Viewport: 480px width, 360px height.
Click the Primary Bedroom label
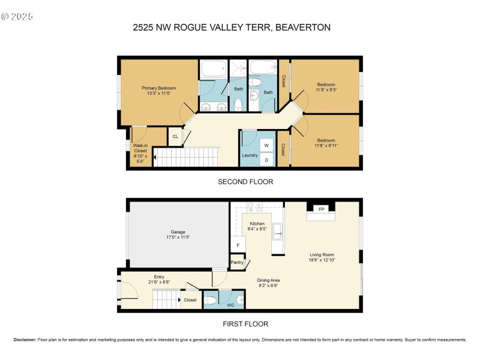pos(158,88)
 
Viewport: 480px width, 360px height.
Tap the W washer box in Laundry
pos(266,146)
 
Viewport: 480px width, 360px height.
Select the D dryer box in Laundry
pos(266,160)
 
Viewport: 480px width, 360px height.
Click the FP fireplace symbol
pos(321,209)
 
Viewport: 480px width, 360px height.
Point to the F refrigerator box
pos(238,246)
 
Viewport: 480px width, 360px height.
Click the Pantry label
pos(238,262)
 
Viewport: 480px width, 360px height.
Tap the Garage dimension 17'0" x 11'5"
pos(178,237)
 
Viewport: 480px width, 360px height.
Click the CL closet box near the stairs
pos(175,137)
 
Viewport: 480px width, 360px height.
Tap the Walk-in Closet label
pos(140,148)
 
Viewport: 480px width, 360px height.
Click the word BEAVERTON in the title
pos(302,27)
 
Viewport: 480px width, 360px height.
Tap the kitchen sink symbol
pos(278,232)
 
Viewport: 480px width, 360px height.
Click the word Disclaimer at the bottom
pos(25,340)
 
